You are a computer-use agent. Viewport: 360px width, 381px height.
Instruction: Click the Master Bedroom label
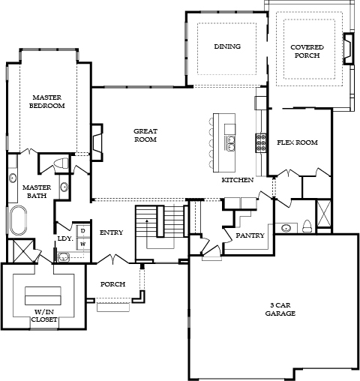pos(47,101)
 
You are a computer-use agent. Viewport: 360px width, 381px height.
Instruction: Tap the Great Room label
pos(145,135)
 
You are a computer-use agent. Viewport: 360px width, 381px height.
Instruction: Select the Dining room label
pos(227,46)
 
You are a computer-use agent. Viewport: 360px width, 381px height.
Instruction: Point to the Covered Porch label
pos(307,51)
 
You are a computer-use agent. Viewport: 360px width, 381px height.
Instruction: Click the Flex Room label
pos(297,142)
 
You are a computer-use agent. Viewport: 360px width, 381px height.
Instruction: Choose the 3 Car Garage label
pos(280,309)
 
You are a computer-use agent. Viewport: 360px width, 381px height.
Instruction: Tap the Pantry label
pos(250,235)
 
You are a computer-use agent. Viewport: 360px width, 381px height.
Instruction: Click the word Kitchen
pos(238,180)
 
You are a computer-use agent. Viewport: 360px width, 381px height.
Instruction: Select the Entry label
pos(112,232)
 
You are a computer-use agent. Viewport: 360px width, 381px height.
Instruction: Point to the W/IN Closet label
pos(44,316)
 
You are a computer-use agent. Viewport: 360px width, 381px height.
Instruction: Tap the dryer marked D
pos(83,231)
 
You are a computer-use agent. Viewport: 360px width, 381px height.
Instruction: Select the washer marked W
pos(83,244)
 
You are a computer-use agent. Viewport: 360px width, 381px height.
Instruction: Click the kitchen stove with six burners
pos(261,143)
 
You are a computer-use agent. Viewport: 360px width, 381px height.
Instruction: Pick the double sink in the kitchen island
pos(229,143)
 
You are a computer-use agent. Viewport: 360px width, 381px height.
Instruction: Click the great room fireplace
pos(97,142)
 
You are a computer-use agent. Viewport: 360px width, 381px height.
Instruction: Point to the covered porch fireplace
pos(349,49)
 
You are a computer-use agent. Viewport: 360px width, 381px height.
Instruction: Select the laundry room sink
pos(64,257)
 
